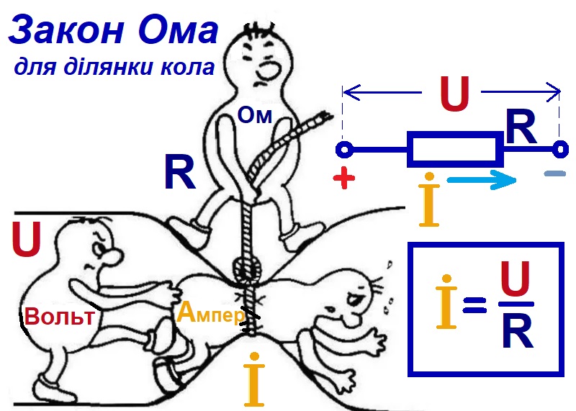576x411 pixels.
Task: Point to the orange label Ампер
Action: coord(210,312)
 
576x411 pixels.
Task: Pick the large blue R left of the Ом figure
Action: coord(179,173)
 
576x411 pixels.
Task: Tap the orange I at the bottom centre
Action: coord(252,379)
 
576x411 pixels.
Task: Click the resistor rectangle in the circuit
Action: coord(454,150)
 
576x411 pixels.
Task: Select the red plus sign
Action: coord(345,180)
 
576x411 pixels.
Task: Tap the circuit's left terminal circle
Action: coord(344,150)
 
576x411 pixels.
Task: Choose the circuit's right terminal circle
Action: coord(559,150)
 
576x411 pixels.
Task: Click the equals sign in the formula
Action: coord(475,308)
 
